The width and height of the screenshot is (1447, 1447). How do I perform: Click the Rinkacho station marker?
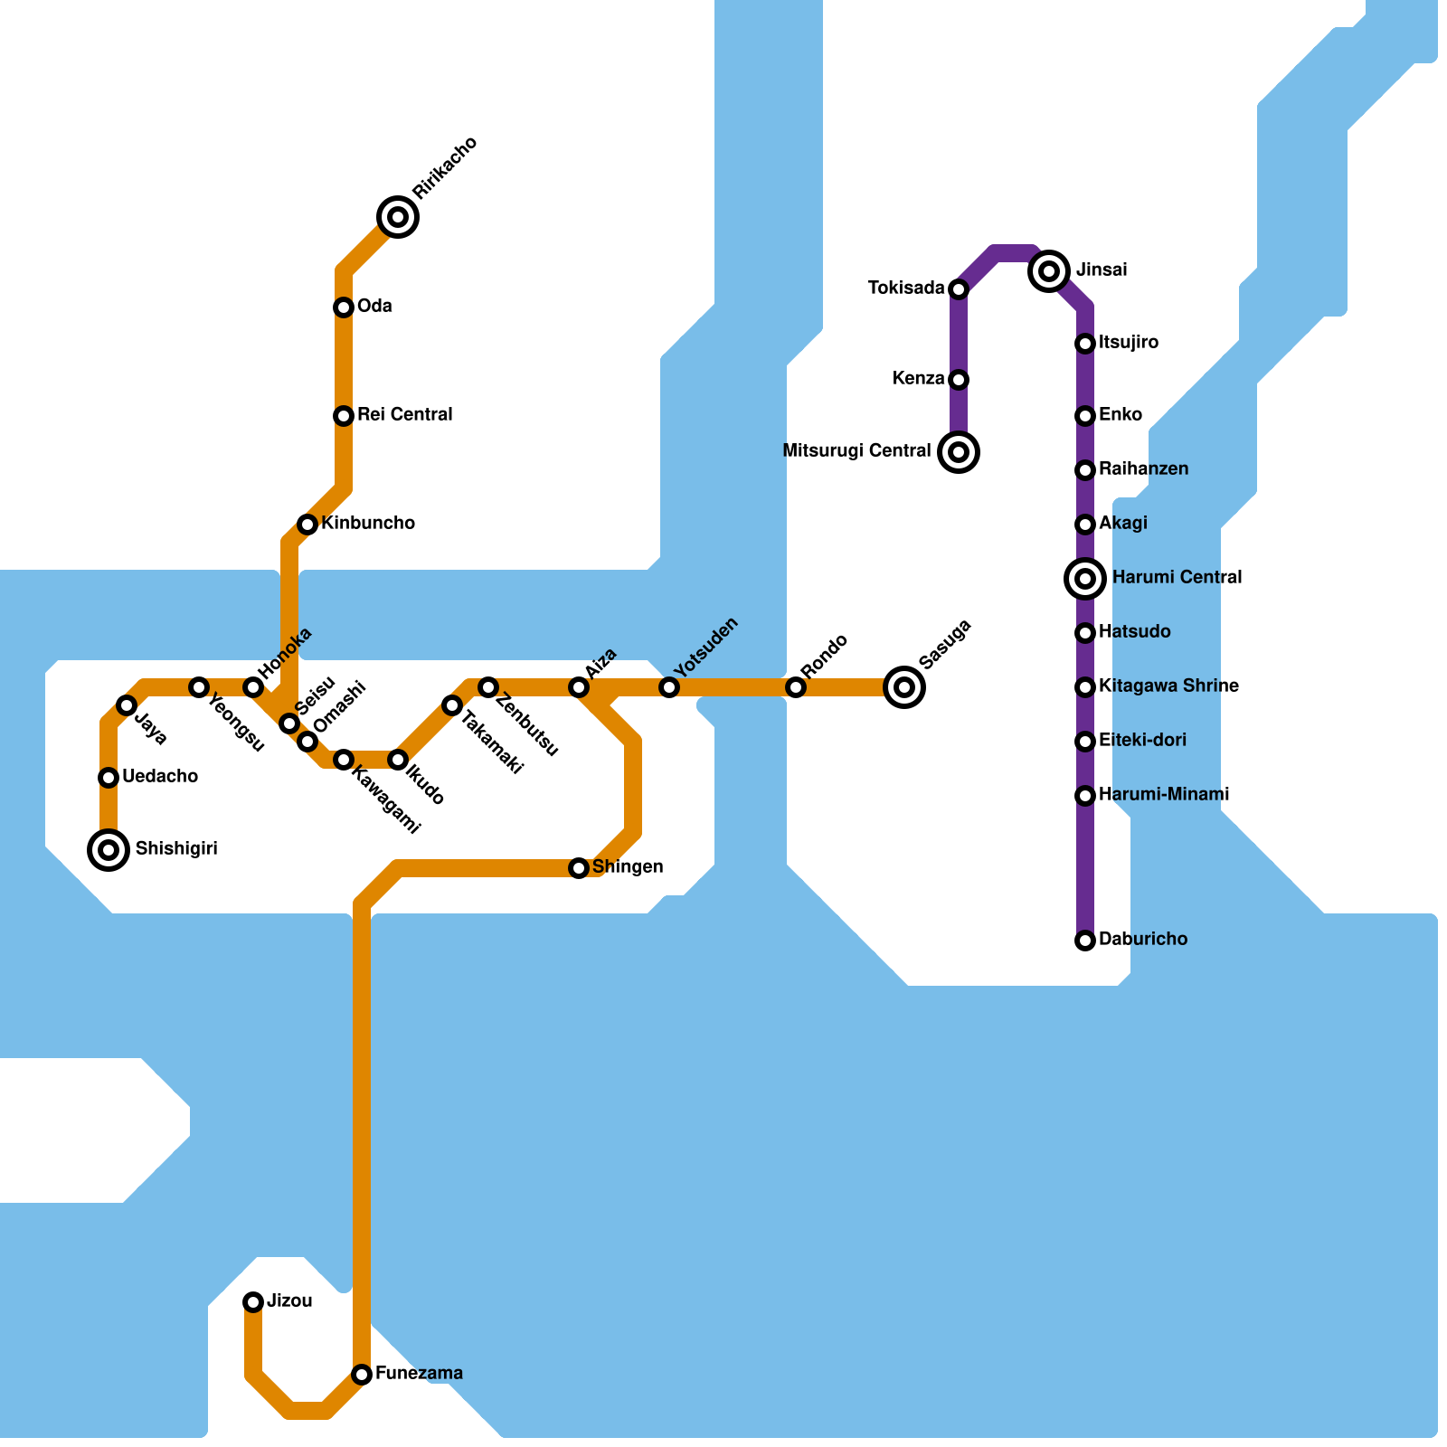tap(398, 217)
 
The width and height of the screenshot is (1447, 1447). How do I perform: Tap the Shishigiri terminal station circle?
tap(109, 850)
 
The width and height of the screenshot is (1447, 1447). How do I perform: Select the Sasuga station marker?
tap(904, 687)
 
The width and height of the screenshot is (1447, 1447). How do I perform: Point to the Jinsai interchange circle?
tap(1049, 270)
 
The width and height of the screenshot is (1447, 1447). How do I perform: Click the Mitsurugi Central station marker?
tap(959, 451)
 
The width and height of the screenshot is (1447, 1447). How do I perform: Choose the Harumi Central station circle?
tap(1085, 578)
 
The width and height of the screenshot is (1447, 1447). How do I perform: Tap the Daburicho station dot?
tap(1085, 941)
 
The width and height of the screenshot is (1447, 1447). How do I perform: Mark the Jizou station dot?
tap(253, 1302)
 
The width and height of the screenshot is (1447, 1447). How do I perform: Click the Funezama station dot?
tap(362, 1375)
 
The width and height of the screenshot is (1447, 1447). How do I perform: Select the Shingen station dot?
tap(579, 868)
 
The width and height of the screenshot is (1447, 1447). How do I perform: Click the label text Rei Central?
tap(404, 415)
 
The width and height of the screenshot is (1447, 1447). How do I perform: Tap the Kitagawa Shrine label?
tap(1168, 686)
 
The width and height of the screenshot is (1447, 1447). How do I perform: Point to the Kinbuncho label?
tap(368, 524)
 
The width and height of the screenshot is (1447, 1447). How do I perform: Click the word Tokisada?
tap(906, 288)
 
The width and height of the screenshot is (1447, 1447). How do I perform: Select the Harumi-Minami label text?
tap(1164, 795)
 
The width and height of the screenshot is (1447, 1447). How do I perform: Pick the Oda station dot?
tap(344, 307)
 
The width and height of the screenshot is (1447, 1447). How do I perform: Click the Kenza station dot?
tap(959, 379)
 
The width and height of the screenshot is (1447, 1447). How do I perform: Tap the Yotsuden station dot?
tap(669, 687)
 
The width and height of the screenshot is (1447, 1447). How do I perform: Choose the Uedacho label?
tap(160, 777)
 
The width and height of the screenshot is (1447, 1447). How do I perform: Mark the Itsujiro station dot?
tap(1085, 344)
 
